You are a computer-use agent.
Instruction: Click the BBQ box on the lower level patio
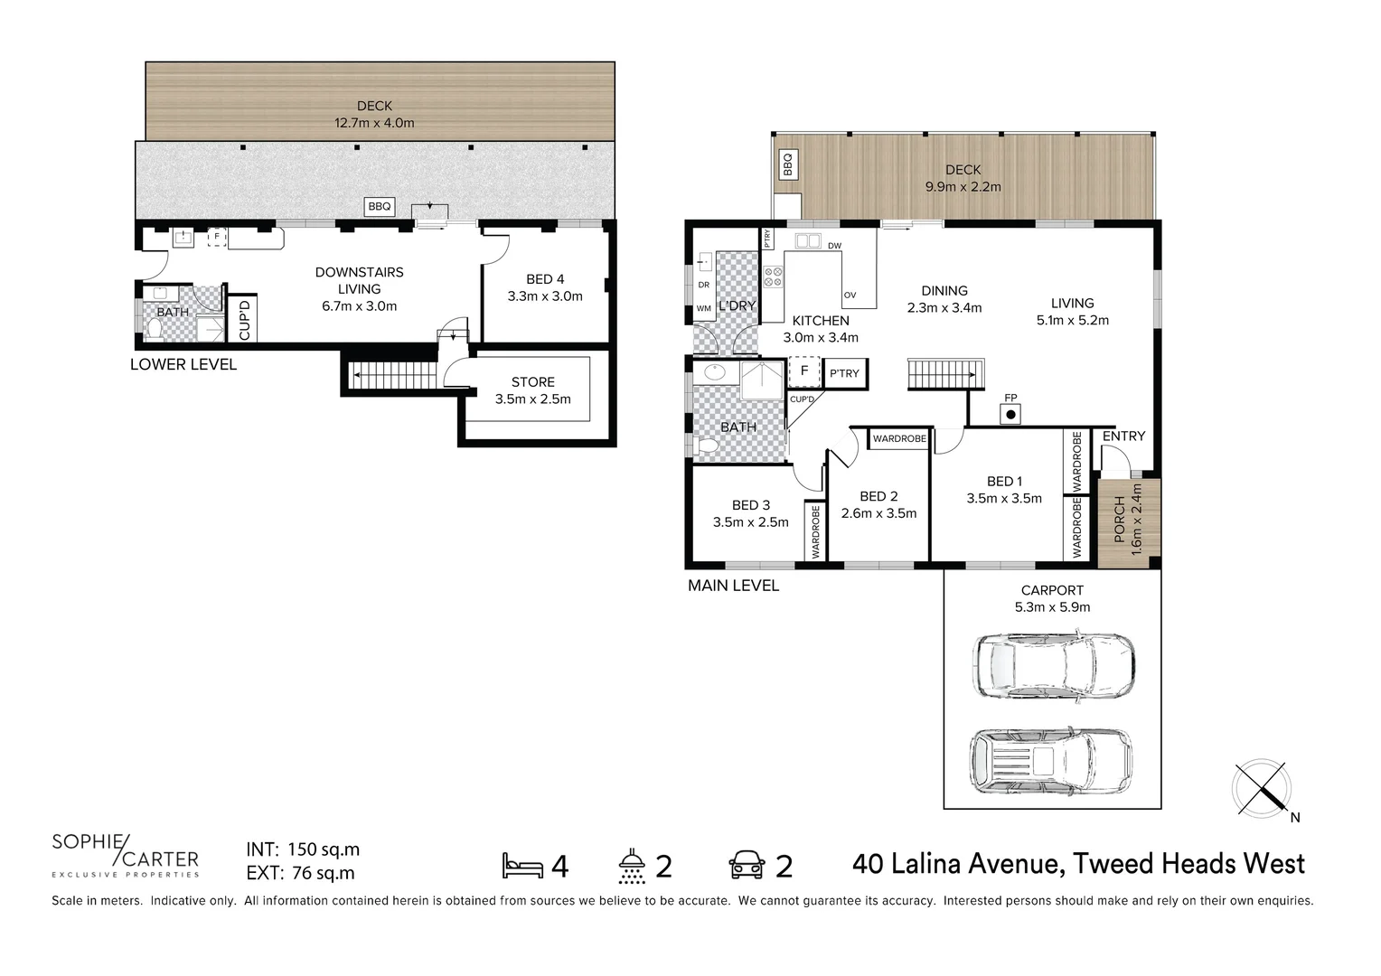(380, 207)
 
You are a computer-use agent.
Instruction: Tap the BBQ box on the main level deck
(787, 165)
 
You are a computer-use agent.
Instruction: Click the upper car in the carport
(1053, 666)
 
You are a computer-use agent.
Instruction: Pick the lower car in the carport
(1050, 762)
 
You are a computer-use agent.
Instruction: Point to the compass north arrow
(1262, 785)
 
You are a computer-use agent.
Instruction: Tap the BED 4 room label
(545, 287)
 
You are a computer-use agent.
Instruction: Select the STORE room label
(532, 390)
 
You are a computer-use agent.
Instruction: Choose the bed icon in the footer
(522, 866)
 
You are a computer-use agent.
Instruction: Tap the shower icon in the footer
(632, 866)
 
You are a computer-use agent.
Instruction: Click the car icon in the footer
(747, 866)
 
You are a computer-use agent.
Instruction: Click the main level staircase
(944, 374)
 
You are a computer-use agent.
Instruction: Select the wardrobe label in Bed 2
(899, 439)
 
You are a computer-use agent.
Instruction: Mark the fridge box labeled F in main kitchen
(803, 371)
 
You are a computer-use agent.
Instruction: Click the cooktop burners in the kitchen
(773, 277)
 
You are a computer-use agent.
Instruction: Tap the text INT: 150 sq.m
(303, 849)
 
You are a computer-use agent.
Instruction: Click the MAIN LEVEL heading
(733, 586)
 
